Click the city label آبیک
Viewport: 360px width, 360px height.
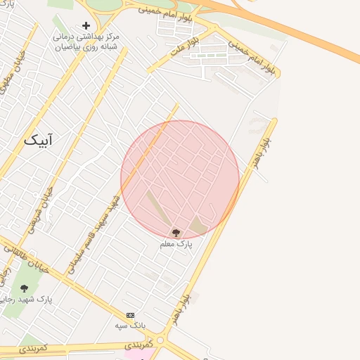coord(39,140)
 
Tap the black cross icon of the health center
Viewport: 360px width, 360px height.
coord(86,25)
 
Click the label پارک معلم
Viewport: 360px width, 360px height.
coord(176,244)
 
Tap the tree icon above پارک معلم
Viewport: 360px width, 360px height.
coord(176,233)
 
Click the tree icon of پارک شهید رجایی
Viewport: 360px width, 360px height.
coord(25,288)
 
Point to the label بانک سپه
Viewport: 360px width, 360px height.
coord(130,326)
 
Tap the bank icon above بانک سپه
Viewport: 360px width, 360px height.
coord(130,315)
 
